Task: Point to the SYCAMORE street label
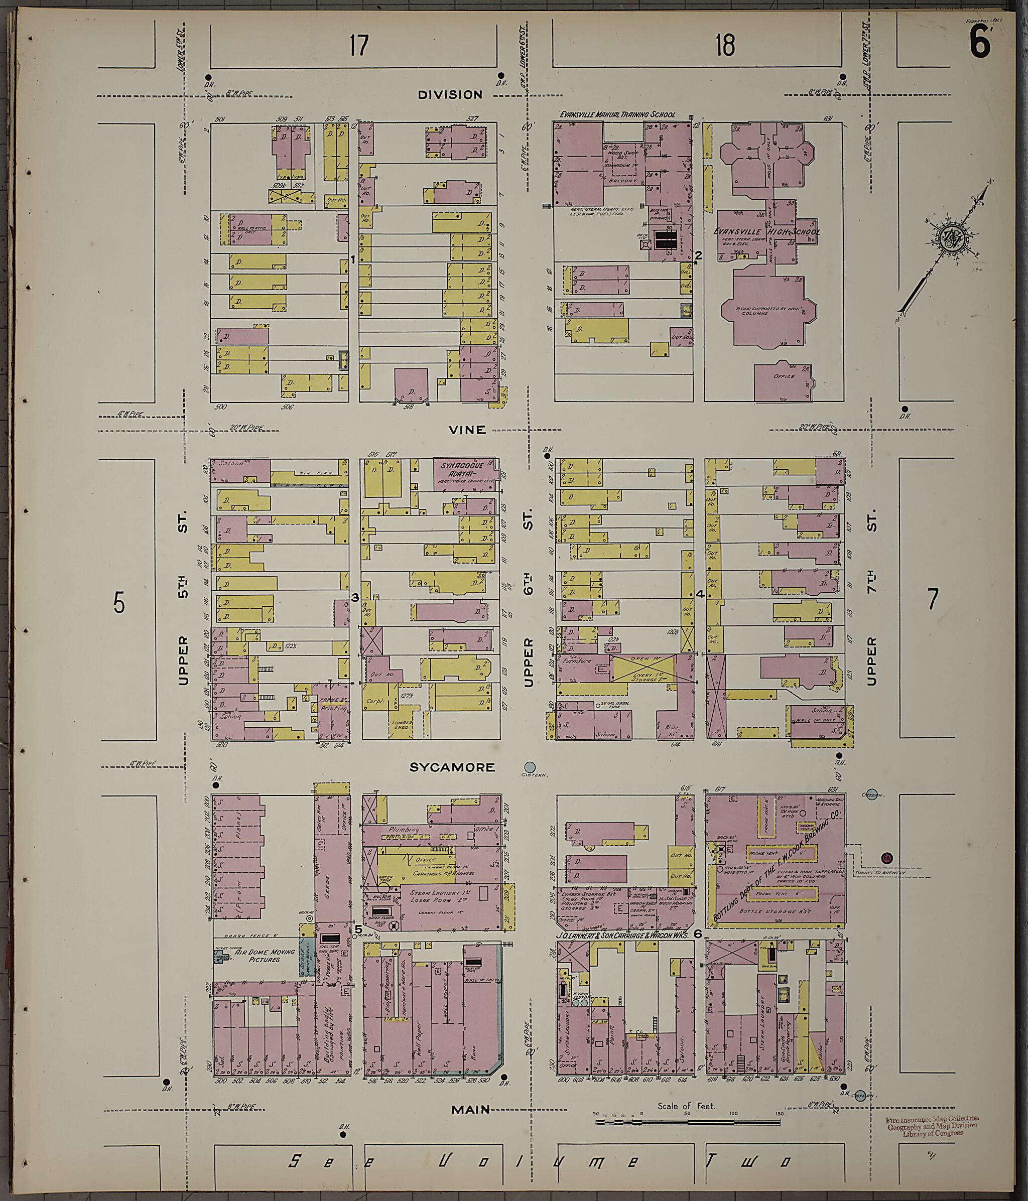pos(452,767)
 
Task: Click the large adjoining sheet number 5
pos(119,603)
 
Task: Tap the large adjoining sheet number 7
pos(932,599)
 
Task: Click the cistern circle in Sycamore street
pos(530,766)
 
